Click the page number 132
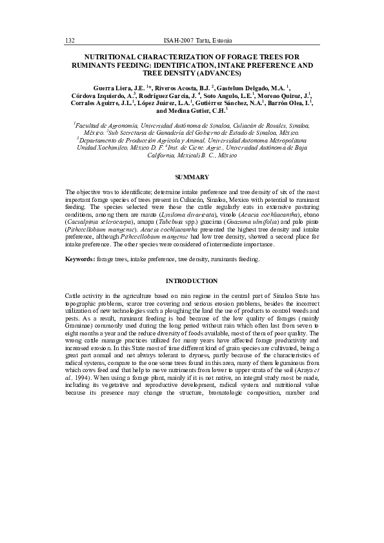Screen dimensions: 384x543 click(71, 41)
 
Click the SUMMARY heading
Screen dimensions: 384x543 click(192, 177)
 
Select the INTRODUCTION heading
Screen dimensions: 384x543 click(192, 281)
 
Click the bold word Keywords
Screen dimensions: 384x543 click(80, 259)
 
